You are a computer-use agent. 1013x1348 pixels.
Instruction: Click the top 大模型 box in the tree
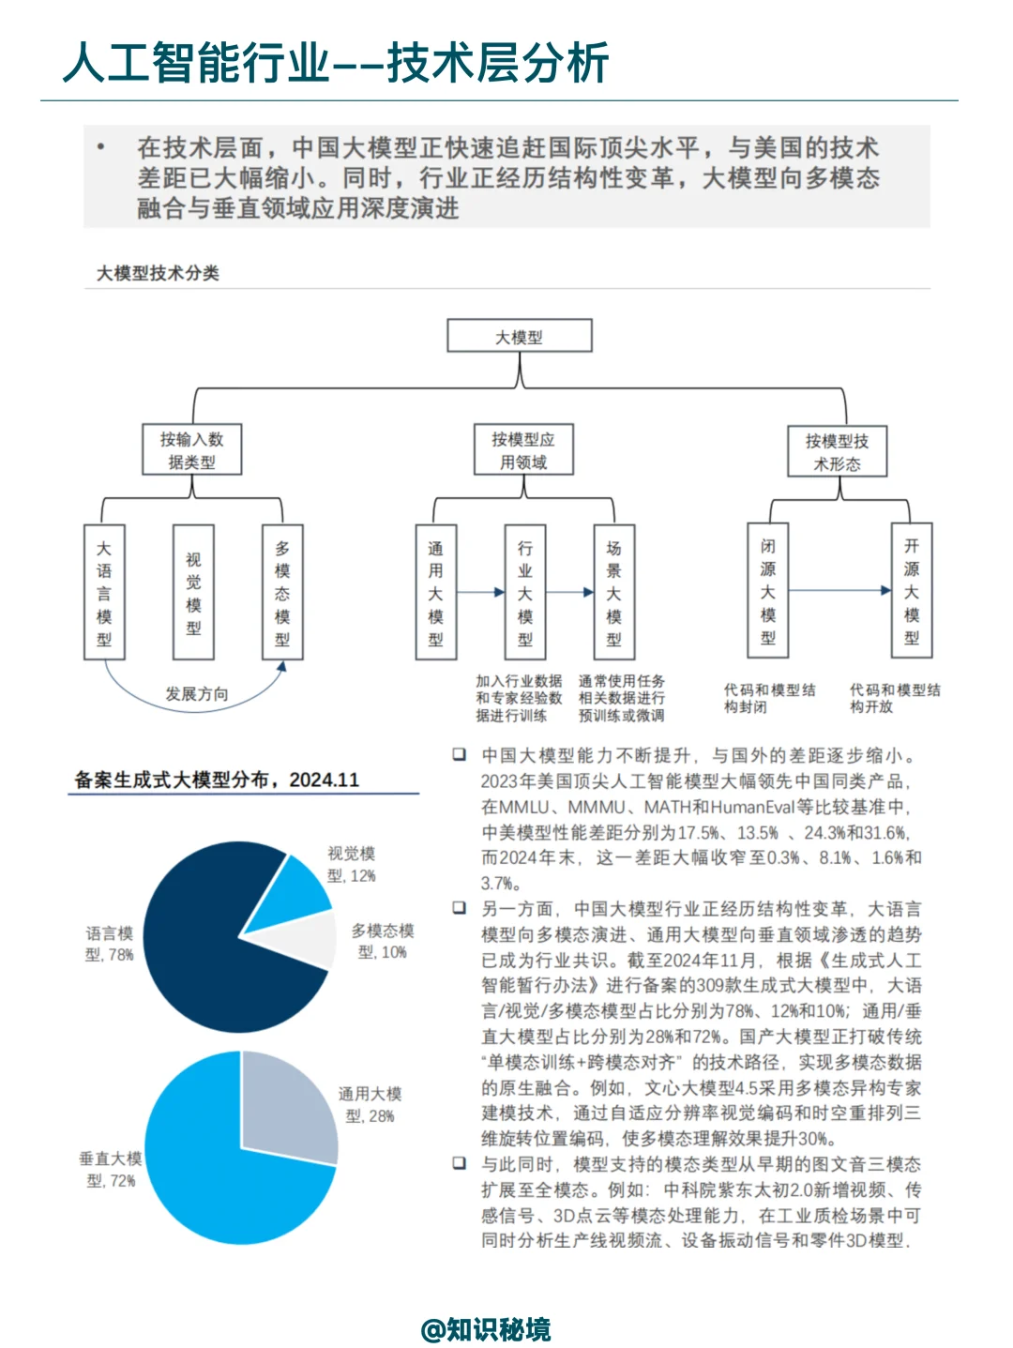click(x=519, y=336)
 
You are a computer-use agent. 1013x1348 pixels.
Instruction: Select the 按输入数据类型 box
click(x=192, y=449)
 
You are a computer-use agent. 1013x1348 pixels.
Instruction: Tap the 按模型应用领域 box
click(x=522, y=449)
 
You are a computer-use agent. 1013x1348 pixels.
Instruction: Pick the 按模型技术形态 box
click(x=837, y=451)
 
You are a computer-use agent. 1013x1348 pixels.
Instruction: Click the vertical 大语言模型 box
click(x=104, y=592)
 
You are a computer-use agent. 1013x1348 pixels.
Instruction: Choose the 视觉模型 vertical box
click(x=193, y=592)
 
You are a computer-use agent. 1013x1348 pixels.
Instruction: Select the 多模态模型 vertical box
click(x=282, y=592)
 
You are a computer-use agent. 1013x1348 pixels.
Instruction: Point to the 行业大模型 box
click(x=524, y=592)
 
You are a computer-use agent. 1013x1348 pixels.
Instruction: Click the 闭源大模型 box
click(x=767, y=590)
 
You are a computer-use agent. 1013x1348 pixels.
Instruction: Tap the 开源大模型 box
click(x=911, y=590)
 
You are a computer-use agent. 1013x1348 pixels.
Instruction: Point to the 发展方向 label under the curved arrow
click(x=197, y=694)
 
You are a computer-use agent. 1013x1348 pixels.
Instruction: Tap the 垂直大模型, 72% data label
click(x=111, y=1169)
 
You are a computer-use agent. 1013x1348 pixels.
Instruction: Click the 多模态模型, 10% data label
click(x=382, y=941)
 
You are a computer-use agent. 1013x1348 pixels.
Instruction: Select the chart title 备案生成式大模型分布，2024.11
click(x=217, y=780)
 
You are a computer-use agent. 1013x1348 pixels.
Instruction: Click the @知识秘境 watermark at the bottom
click(x=486, y=1329)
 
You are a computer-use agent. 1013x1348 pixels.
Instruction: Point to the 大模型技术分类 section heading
click(x=158, y=273)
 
